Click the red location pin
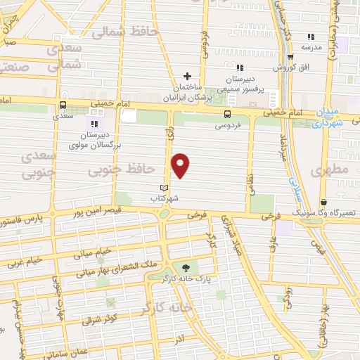click(x=181, y=165)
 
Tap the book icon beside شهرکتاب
click(x=165, y=188)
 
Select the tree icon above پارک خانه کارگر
click(x=186, y=267)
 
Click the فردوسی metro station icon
click(x=227, y=115)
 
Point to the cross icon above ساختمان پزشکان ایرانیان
click(x=187, y=76)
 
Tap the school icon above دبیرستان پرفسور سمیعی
click(x=239, y=68)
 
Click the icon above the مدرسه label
click(x=310, y=37)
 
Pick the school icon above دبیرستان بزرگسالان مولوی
click(x=93, y=124)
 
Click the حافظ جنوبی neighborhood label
click(x=122, y=169)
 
